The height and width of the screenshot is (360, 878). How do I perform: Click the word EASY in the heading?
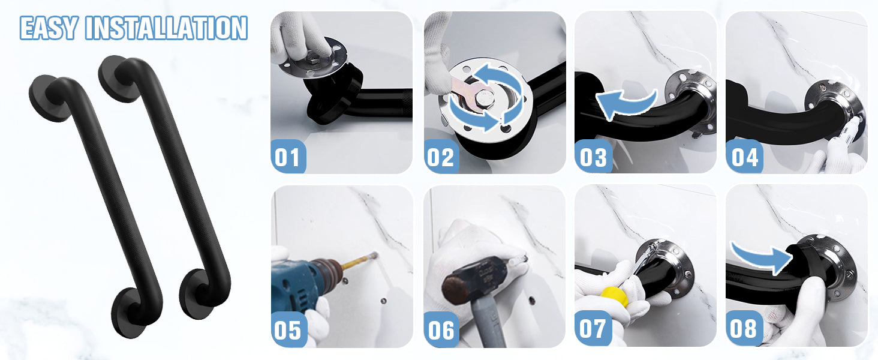[x=49, y=28]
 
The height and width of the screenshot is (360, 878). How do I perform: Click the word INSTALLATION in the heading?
[x=166, y=28]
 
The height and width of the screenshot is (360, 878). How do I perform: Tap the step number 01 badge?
[x=288, y=157]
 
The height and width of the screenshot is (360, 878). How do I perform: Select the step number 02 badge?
[x=441, y=157]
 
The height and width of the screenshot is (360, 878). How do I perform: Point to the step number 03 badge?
[x=593, y=157]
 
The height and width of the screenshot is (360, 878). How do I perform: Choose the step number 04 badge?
[x=744, y=157]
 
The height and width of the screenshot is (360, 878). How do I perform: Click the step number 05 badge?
[x=288, y=329]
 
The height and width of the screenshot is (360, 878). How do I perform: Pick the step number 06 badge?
[x=441, y=329]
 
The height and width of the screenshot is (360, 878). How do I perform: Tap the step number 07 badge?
[x=593, y=328]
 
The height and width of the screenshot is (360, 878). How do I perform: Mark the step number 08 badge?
[x=744, y=328]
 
